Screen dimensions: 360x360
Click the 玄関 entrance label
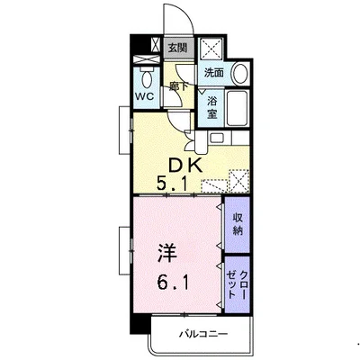point(177,48)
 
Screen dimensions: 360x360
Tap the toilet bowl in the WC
point(147,78)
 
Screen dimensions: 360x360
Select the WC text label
point(144,96)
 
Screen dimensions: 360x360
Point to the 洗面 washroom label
point(214,73)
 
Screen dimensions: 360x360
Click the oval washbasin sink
point(240,74)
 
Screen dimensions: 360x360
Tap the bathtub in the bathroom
point(237,108)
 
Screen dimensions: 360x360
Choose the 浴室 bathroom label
point(211,108)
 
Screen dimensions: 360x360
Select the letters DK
point(185,166)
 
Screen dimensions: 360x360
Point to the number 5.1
point(172,184)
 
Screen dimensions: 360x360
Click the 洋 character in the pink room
point(167,253)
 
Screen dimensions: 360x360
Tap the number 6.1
point(173,283)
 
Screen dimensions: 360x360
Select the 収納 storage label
point(238,225)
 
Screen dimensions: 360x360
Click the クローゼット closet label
point(238,284)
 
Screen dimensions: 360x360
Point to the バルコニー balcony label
point(203,334)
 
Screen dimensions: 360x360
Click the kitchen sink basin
point(217,139)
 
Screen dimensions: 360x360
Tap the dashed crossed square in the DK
point(239,181)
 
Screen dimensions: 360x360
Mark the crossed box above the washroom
point(211,48)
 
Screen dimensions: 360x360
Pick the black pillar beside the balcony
point(140,323)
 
